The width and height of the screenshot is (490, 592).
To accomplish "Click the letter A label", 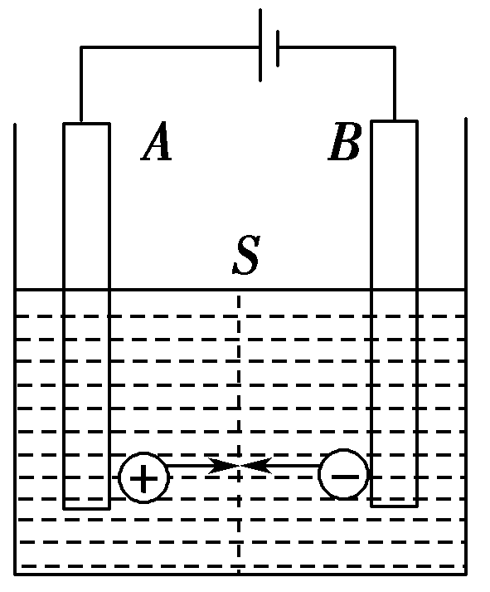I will click(x=157, y=143).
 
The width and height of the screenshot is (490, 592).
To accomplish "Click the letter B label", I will click(x=344, y=143).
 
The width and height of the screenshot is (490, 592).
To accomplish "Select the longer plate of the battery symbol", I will click(x=261, y=46).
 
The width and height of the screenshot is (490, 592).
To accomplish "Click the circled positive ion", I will click(x=144, y=478).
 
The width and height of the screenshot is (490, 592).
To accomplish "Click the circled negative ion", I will click(x=343, y=476).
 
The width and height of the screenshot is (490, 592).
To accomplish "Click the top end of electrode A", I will click(x=86, y=125).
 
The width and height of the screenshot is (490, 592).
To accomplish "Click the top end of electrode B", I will click(x=394, y=123).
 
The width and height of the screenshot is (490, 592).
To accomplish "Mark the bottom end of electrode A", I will click(x=86, y=506).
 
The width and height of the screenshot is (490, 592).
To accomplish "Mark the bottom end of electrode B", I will click(x=394, y=504).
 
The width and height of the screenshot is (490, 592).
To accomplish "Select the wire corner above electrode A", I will click(x=80, y=47).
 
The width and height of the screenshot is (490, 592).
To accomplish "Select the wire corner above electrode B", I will click(x=395, y=47).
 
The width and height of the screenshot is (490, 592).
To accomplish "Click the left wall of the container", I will click(x=16, y=349).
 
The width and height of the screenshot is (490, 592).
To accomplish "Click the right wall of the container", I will click(x=467, y=349).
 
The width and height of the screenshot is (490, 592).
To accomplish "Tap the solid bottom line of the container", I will click(x=240, y=573).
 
